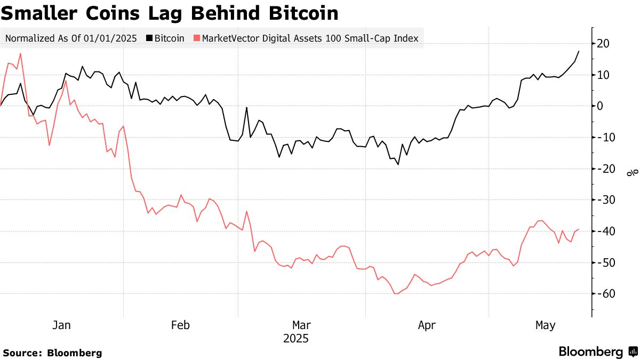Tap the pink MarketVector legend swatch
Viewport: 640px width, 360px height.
point(197,38)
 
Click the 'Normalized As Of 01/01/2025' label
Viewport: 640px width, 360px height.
point(71,38)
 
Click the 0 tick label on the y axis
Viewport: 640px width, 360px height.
point(600,106)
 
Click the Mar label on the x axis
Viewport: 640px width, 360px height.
point(302,325)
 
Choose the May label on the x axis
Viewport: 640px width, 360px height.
point(545,325)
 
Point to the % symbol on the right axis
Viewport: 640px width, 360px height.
point(631,172)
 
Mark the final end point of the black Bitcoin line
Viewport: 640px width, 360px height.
point(579,51)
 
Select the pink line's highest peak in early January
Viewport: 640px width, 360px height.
point(20,53)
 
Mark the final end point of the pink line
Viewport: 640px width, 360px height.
point(579,229)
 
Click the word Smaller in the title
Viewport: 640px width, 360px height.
point(38,13)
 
